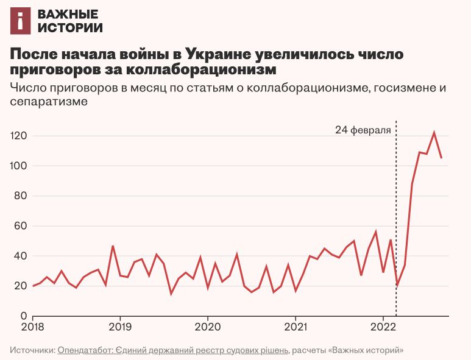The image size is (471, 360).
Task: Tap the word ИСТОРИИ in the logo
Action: (x=70, y=27)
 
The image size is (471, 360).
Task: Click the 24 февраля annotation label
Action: (x=363, y=130)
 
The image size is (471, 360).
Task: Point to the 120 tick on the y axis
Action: (x=19, y=136)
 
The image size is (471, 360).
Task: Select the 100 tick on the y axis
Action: (x=19, y=166)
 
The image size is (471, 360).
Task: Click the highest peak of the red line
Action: (x=434, y=133)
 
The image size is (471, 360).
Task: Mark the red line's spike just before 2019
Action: (x=113, y=246)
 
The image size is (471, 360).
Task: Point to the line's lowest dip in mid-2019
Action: (x=171, y=294)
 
